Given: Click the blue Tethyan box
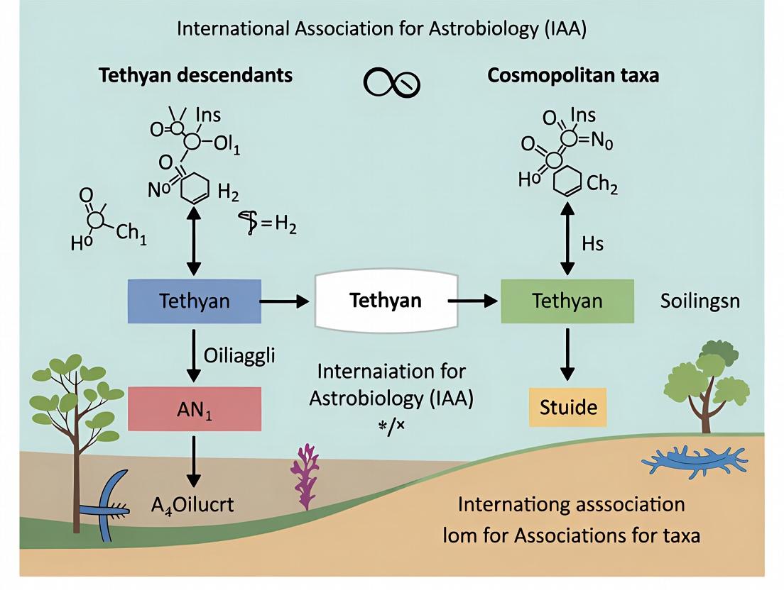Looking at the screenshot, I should point(194,301).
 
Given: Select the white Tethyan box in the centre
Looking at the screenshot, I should point(385,301).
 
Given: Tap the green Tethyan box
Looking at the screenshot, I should point(567,301).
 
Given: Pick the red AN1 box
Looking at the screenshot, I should point(194,408).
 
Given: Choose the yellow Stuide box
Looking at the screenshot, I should point(568,408).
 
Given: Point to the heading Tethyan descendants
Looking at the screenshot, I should point(195,75).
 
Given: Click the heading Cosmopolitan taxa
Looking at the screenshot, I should point(573,75).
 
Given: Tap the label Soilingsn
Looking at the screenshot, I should point(700,301).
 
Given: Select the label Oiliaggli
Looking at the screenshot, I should point(240,355).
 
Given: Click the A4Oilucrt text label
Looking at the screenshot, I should point(192,505).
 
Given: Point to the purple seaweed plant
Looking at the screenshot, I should point(306,476).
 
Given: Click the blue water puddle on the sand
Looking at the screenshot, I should point(694,462).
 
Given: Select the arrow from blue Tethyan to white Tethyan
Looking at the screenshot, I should point(284,301).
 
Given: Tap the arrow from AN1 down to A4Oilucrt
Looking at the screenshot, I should point(193,460).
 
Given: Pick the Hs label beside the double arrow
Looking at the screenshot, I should point(592,244).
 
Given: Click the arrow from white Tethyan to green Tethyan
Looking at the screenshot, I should point(472,301).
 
